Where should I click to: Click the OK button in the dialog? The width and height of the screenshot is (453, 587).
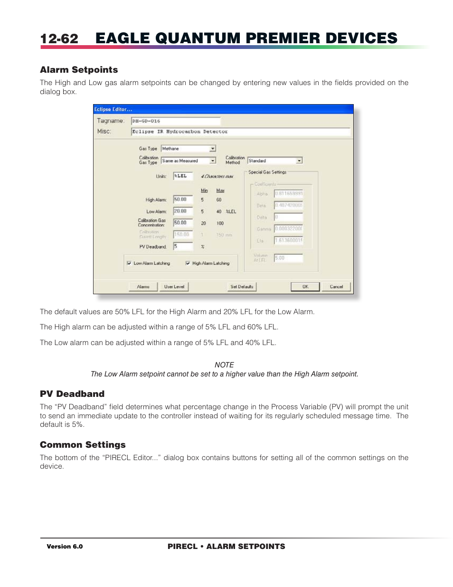coord(305,287)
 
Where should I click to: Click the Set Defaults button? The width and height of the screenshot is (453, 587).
coord(242,287)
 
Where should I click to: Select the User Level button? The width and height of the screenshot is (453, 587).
coord(174,287)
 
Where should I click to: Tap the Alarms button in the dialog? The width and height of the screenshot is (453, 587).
coord(143,287)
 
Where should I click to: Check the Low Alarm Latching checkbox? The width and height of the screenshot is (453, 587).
coord(129,263)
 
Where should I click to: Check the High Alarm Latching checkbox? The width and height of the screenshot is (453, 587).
coord(188,263)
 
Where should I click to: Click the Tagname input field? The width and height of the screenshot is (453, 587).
coord(176,121)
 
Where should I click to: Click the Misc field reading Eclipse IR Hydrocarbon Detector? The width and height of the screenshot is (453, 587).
coord(240,132)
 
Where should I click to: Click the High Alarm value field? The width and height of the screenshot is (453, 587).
coord(183,200)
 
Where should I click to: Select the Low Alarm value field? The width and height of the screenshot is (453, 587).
coord(183,211)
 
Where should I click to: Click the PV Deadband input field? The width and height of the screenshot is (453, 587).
coord(183,246)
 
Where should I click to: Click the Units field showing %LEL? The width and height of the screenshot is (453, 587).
coord(183,176)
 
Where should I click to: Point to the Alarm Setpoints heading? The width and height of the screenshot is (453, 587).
coord(79,70)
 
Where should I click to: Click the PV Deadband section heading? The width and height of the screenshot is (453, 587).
coord(72,394)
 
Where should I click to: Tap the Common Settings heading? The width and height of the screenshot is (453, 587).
coord(83,445)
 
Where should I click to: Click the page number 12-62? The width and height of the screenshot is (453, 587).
coord(59,38)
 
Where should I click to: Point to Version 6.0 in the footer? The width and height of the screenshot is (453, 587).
coord(65,547)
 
